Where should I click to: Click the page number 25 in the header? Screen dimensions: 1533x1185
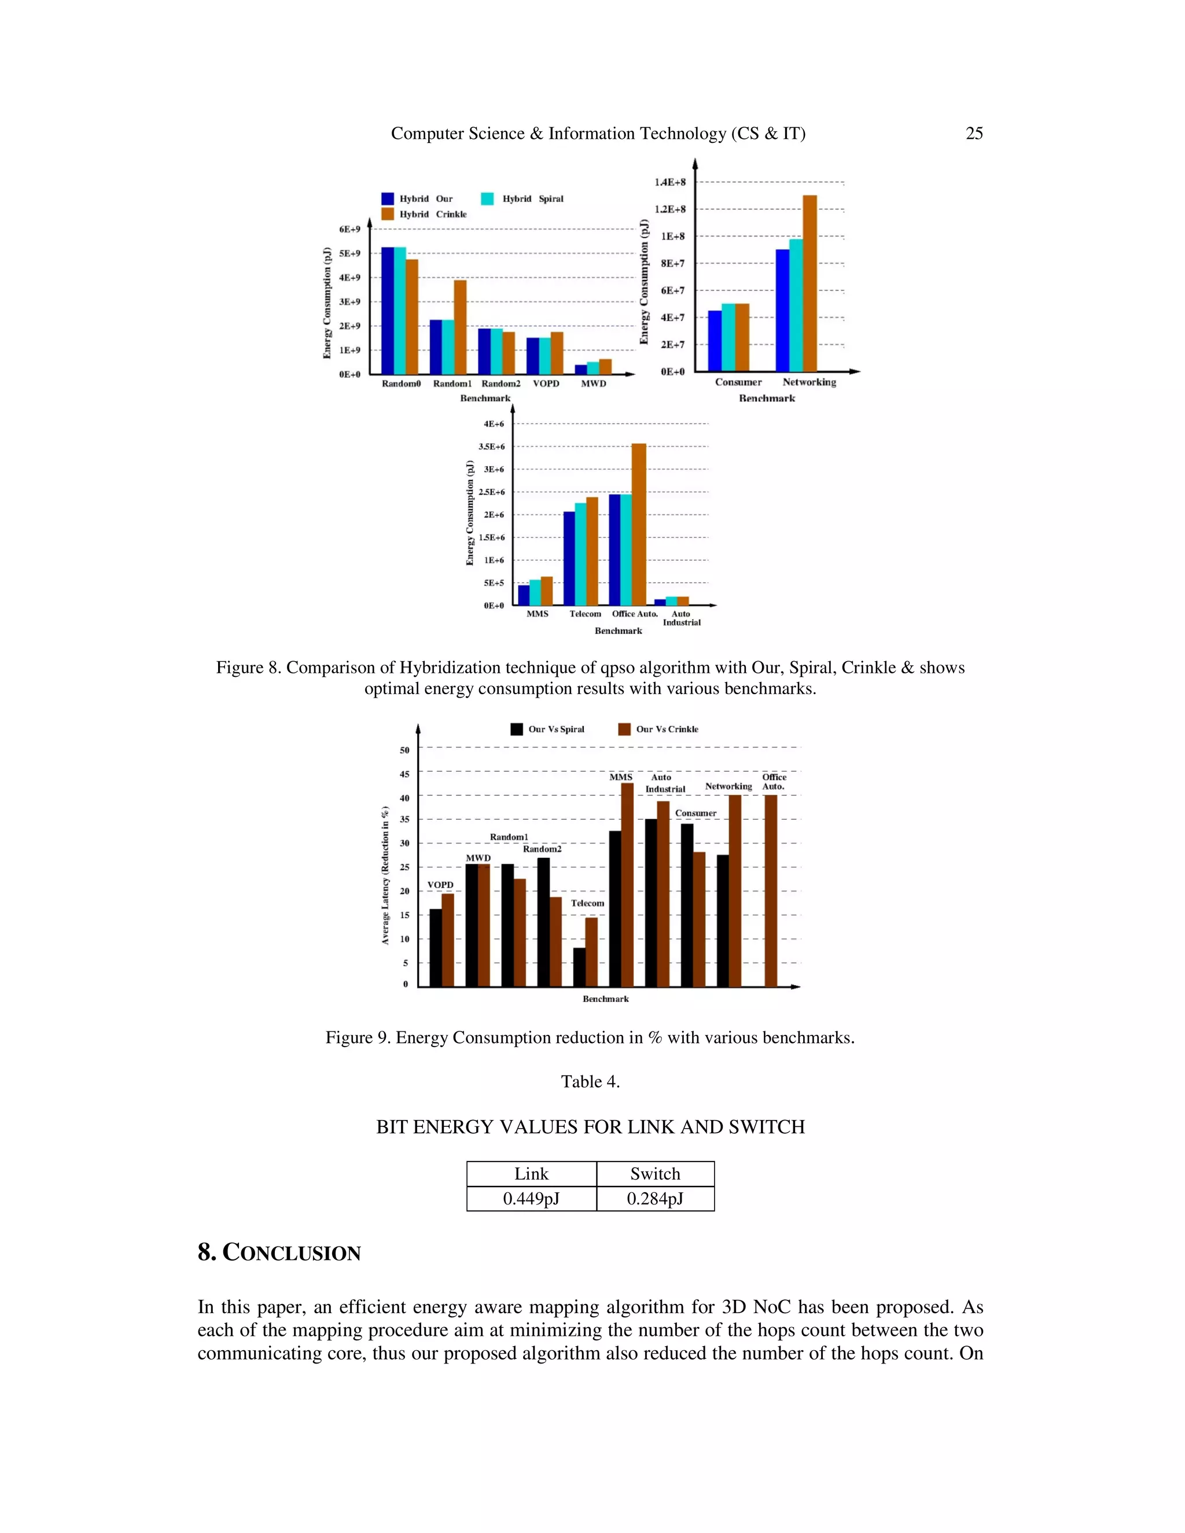tap(974, 134)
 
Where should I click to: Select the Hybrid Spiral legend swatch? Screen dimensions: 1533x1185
tap(487, 198)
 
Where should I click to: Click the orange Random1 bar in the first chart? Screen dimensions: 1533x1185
tap(460, 326)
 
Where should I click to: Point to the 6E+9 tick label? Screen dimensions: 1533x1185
tap(349, 230)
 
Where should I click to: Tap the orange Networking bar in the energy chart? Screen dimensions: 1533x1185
tap(809, 283)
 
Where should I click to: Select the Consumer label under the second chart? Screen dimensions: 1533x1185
tap(738, 382)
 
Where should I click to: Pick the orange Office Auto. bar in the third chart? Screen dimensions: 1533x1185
tap(638, 524)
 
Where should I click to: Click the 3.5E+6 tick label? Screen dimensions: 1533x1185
tap(491, 447)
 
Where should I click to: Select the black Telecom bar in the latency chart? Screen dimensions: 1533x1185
tap(579, 967)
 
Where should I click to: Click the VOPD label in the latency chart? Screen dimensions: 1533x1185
tap(440, 885)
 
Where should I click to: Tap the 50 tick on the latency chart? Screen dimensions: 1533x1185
tap(404, 750)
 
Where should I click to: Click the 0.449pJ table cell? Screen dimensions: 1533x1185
tap(531, 1199)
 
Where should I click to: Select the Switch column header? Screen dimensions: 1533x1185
tap(654, 1174)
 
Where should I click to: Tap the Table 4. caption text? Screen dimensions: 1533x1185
tap(590, 1082)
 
